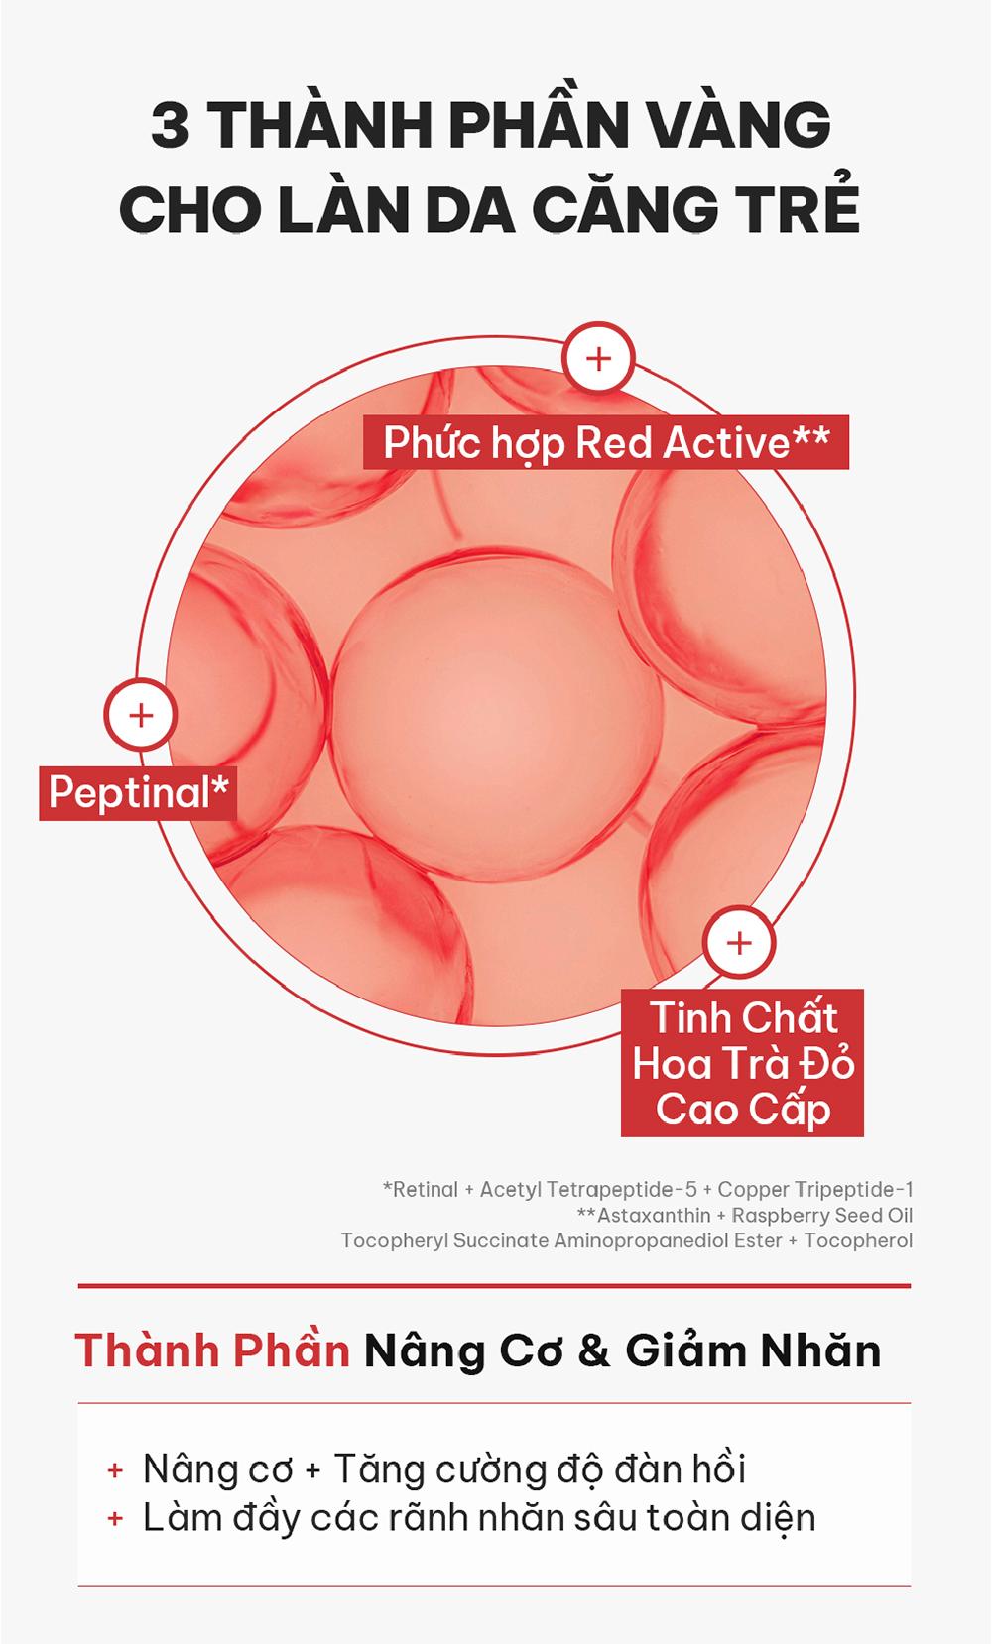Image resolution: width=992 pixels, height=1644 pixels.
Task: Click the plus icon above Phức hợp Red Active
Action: (x=598, y=359)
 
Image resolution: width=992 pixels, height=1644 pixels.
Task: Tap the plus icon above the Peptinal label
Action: (x=140, y=715)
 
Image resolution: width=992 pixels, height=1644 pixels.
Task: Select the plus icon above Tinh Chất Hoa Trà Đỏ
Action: (x=739, y=942)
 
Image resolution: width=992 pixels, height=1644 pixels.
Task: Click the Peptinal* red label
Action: (x=138, y=792)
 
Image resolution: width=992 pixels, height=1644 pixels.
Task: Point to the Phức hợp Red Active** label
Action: (x=606, y=442)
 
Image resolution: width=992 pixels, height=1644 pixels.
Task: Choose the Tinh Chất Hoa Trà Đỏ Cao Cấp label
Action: (x=742, y=1063)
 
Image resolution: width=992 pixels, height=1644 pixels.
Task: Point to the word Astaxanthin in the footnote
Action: (x=654, y=1215)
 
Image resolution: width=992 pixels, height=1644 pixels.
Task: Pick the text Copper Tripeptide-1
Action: (x=815, y=1189)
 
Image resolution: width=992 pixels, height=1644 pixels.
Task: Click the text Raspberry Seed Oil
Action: (x=822, y=1216)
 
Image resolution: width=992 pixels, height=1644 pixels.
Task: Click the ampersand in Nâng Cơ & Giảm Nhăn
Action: (x=593, y=1351)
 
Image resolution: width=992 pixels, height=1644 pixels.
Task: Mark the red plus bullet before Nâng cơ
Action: (x=114, y=1470)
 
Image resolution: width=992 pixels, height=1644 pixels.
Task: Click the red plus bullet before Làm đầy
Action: (x=114, y=1518)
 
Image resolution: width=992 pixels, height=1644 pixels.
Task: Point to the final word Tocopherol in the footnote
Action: (x=858, y=1241)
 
